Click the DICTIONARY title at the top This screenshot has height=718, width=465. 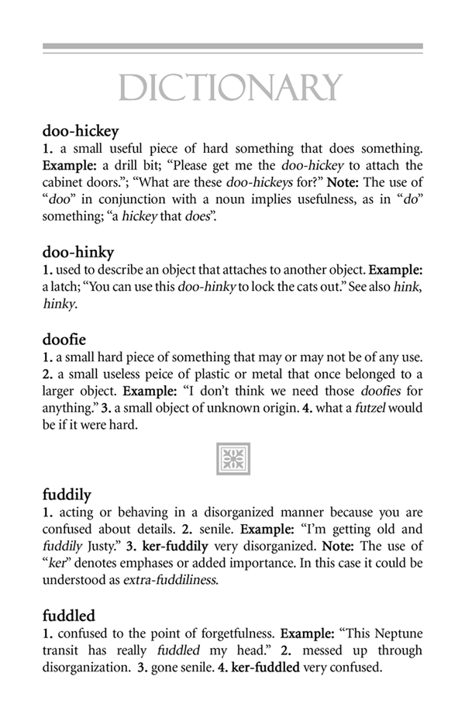click(x=232, y=88)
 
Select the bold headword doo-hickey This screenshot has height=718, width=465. click(x=81, y=131)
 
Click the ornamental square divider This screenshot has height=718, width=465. click(x=232, y=457)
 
